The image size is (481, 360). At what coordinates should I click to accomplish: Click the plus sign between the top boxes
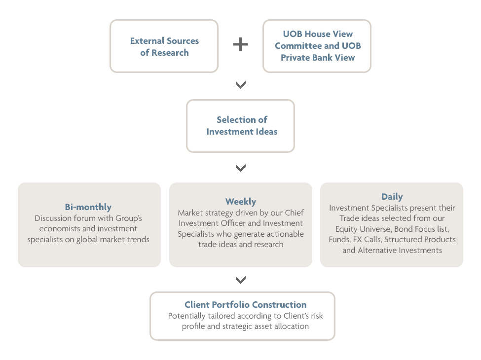[241, 44]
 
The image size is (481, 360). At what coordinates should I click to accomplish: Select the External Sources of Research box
[164, 46]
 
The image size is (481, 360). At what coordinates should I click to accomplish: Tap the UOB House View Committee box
[317, 46]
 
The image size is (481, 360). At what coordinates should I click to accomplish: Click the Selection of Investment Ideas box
[241, 126]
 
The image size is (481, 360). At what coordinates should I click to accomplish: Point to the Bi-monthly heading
[88, 207]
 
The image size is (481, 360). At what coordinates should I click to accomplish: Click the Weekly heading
[241, 202]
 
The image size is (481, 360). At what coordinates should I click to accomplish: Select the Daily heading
[392, 197]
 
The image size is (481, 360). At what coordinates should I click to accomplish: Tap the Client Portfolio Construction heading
[245, 304]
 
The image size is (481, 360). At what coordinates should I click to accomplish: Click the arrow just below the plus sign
[241, 85]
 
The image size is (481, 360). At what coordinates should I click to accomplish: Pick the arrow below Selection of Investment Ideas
[241, 168]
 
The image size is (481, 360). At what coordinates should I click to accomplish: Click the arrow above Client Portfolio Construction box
[241, 280]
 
